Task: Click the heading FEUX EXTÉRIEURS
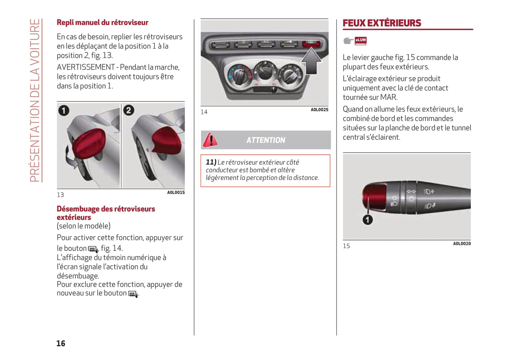click(382, 23)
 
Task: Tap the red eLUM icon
click(361, 41)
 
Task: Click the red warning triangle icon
click(210, 140)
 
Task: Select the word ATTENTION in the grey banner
click(266, 140)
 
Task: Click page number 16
click(61, 344)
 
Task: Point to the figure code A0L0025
click(319, 110)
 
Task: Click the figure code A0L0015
click(176, 192)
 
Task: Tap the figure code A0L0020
click(462, 244)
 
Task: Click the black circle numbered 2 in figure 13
click(129, 111)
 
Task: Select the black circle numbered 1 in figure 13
click(64, 111)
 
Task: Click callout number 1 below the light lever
click(368, 220)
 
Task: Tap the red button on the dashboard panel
click(311, 44)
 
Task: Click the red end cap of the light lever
click(374, 196)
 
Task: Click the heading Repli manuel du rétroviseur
click(102, 22)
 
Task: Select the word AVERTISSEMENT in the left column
click(86, 67)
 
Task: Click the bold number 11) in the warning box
click(211, 162)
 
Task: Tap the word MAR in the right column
click(388, 97)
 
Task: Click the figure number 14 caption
click(204, 112)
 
